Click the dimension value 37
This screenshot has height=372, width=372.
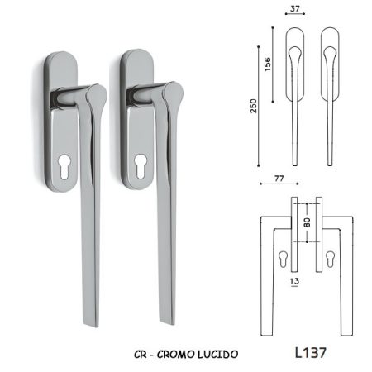[294, 8]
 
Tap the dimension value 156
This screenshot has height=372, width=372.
[267, 64]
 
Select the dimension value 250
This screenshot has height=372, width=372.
[253, 106]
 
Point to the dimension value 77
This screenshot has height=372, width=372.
[279, 179]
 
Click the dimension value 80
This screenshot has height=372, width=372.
[307, 222]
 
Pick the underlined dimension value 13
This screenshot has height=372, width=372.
[294, 281]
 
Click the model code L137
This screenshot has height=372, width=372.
[311, 353]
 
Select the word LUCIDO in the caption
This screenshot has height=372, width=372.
[217, 355]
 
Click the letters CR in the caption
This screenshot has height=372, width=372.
[141, 355]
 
